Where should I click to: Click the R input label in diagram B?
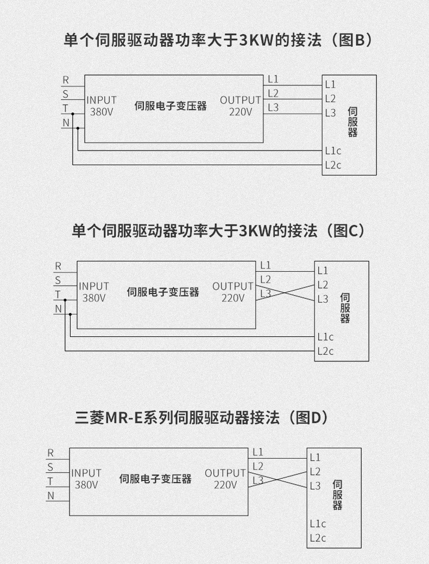click(x=66, y=80)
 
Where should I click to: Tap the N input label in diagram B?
click(x=66, y=122)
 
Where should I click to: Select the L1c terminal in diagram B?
click(x=333, y=151)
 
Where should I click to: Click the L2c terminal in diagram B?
click(x=333, y=165)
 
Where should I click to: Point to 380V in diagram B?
click(x=101, y=112)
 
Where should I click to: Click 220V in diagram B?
click(x=241, y=112)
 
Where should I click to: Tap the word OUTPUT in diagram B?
click(x=241, y=100)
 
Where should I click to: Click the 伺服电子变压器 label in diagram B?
click(x=171, y=106)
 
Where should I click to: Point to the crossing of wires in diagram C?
click(x=286, y=292)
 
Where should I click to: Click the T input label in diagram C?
click(x=58, y=294)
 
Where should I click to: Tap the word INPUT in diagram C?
click(x=94, y=286)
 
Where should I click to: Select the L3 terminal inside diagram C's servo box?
click(x=323, y=298)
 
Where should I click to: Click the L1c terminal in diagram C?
click(x=325, y=336)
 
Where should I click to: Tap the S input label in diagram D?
click(x=51, y=467)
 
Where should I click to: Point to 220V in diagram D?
click(x=225, y=485)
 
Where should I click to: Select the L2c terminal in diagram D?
click(x=318, y=538)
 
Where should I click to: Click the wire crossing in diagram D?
click(x=278, y=479)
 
